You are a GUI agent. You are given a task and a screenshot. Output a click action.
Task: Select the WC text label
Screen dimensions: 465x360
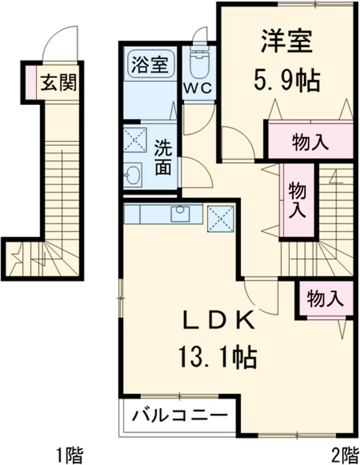click(x=197, y=88)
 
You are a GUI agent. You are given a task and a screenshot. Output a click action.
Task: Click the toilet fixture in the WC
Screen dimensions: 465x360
click(x=197, y=62)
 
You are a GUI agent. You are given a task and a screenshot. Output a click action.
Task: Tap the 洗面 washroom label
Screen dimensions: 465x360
click(x=163, y=157)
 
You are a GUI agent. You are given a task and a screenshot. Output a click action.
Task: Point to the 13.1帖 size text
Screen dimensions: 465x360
click(x=216, y=358)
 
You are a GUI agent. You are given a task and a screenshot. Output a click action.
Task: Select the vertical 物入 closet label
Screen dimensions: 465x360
click(x=297, y=200)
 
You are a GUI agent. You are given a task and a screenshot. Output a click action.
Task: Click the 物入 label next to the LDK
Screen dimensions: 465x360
click(x=325, y=297)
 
